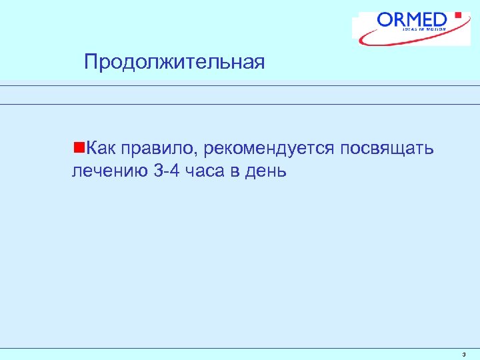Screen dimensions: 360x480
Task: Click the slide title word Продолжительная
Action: click(x=175, y=63)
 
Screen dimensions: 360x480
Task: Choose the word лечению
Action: click(x=109, y=171)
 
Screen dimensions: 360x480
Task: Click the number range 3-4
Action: click(x=166, y=171)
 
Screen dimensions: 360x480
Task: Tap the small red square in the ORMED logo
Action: click(x=457, y=15)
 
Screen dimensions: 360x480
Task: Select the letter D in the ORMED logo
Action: click(x=444, y=20)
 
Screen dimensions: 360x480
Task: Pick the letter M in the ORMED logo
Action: click(x=415, y=20)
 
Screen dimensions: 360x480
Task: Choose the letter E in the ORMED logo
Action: click(x=431, y=20)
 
